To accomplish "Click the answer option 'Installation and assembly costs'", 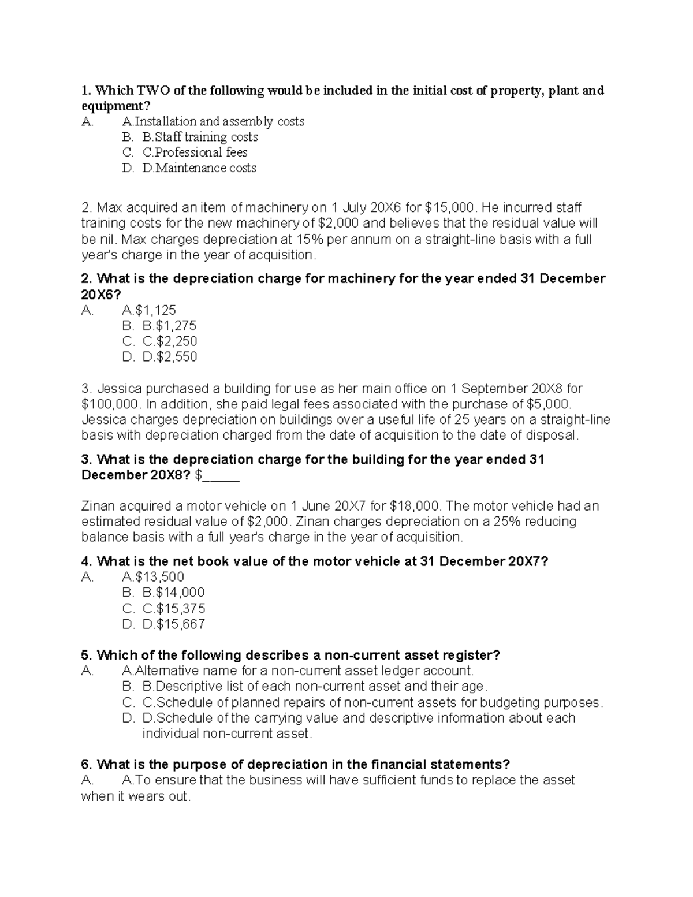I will coord(213,121).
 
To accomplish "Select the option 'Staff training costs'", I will coord(200,137).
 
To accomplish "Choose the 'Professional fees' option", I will coord(195,152).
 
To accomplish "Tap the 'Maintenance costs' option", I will coord(199,168).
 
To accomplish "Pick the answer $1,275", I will coord(169,326).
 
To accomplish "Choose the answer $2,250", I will coord(170,341).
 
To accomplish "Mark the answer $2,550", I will coord(170,357).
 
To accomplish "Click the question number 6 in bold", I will coord(87,765).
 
